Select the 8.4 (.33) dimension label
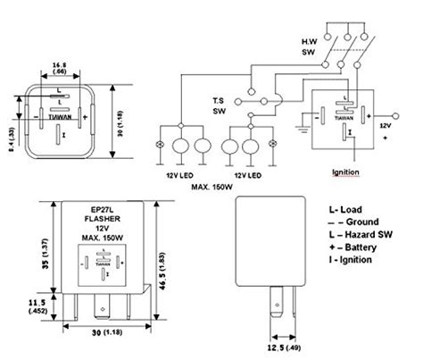[x=12, y=136]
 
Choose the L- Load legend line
[x=344, y=207]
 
